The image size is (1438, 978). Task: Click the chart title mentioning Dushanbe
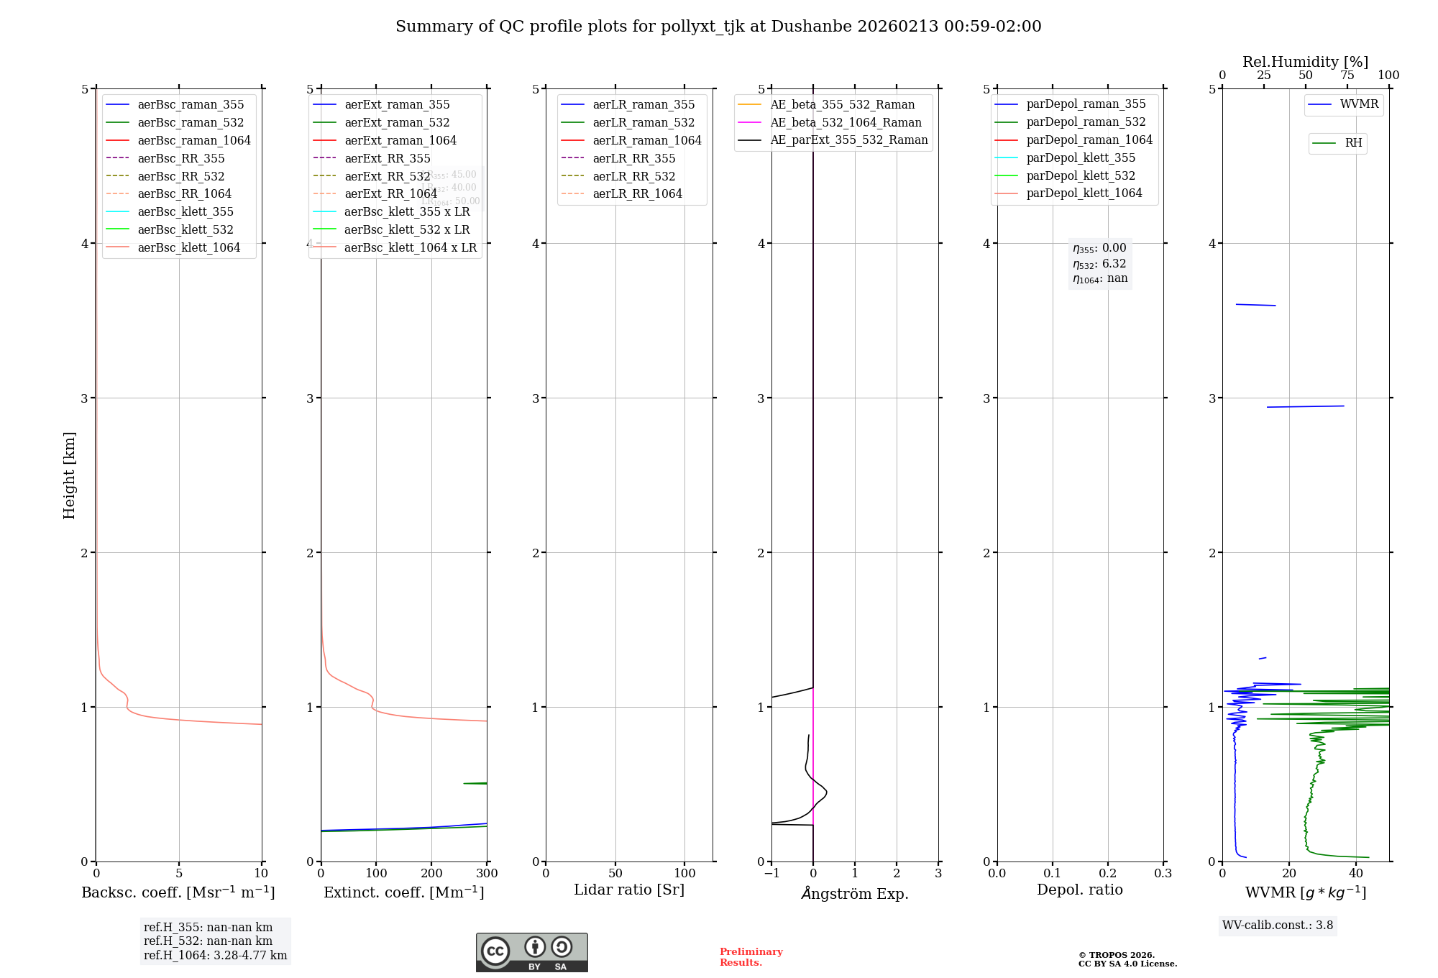(x=718, y=27)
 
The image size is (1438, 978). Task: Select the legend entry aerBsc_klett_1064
(x=188, y=247)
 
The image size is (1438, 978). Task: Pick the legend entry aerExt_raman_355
(x=397, y=105)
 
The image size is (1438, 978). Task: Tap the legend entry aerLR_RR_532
(x=633, y=176)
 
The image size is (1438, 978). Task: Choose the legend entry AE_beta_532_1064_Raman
(x=846, y=122)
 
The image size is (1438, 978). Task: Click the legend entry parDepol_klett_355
(x=1081, y=157)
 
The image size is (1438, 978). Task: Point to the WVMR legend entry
(x=1359, y=104)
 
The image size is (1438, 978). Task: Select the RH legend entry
(x=1353, y=143)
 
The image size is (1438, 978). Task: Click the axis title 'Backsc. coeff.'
(x=178, y=892)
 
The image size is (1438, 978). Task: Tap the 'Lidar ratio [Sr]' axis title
(x=629, y=890)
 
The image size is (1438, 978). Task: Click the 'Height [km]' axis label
(x=69, y=475)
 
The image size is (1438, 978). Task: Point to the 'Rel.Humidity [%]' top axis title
(x=1305, y=62)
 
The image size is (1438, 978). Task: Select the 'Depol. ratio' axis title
(x=1079, y=890)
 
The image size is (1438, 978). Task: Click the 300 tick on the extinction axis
(x=487, y=874)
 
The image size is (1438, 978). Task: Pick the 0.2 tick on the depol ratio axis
(x=1108, y=874)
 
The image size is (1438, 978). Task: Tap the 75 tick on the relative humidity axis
(x=1347, y=76)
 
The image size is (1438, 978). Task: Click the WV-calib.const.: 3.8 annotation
(x=1278, y=926)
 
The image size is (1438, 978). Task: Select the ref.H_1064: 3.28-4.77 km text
(x=215, y=956)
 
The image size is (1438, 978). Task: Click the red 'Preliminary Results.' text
(x=751, y=957)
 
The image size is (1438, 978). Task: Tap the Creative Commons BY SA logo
(x=531, y=952)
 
